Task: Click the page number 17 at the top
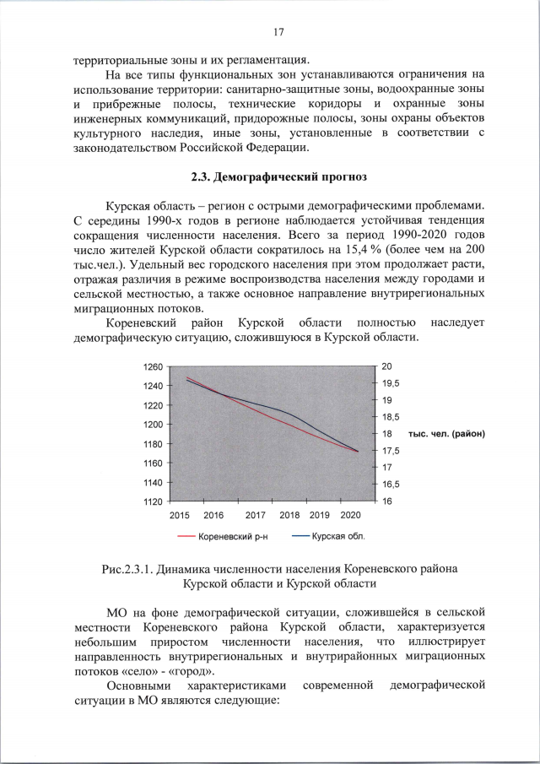(x=278, y=33)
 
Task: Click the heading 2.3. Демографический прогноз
(x=278, y=178)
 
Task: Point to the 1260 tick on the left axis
(x=154, y=367)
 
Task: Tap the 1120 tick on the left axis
(x=154, y=501)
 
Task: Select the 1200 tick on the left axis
(x=154, y=425)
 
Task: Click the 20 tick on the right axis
(x=387, y=367)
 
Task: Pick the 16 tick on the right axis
(x=387, y=501)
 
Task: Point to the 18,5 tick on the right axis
(x=391, y=417)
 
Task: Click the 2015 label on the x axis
(x=180, y=514)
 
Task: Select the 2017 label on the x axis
(x=256, y=514)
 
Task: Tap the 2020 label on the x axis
(x=350, y=514)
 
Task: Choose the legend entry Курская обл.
(x=338, y=536)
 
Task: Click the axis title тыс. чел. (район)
(x=448, y=434)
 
